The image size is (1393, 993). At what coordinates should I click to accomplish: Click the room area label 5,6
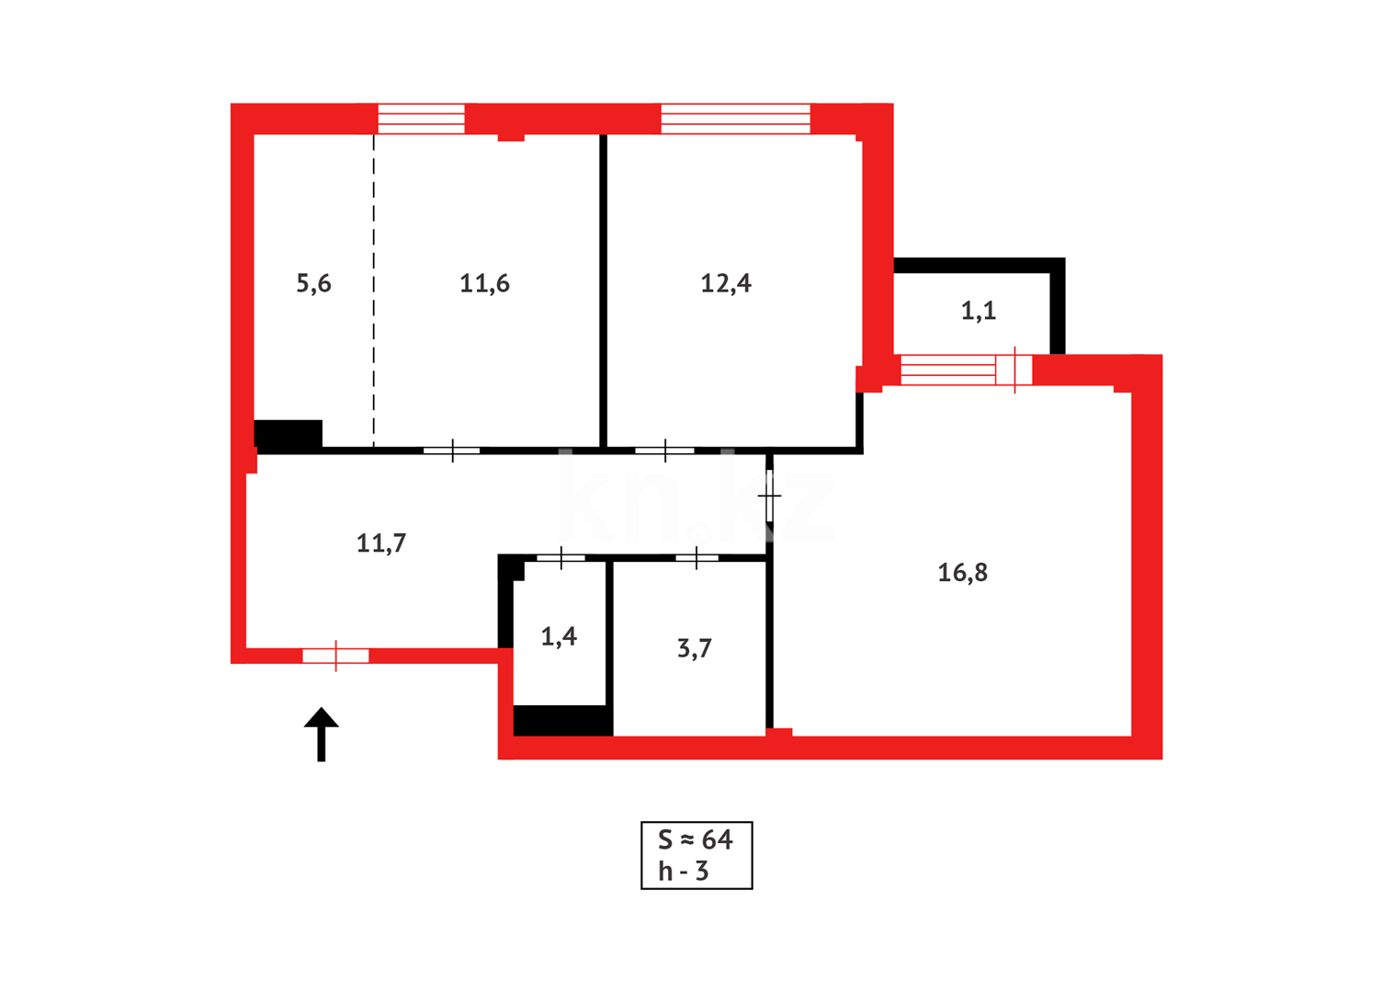click(x=313, y=283)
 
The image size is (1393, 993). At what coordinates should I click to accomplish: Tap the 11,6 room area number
click(x=484, y=283)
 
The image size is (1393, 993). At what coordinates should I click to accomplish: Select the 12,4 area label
click(x=726, y=283)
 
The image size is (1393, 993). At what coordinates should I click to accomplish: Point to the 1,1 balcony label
click(x=979, y=311)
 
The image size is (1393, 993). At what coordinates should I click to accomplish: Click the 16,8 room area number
click(x=962, y=573)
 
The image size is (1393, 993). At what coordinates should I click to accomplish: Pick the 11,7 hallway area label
click(x=381, y=543)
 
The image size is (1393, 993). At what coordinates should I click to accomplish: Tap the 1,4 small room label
click(x=559, y=636)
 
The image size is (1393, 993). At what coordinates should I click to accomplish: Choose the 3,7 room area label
click(x=695, y=648)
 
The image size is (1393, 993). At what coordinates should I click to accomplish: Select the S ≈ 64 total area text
click(x=696, y=839)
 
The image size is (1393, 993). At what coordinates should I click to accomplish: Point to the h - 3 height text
click(x=684, y=871)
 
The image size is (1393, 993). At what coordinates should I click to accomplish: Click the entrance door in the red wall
click(x=336, y=656)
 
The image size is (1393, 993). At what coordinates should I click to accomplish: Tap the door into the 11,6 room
click(x=452, y=451)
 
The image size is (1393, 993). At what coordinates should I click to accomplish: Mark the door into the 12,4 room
click(x=664, y=451)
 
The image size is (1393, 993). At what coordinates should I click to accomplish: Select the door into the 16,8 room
click(x=770, y=496)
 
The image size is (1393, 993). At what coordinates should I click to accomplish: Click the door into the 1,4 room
click(x=561, y=557)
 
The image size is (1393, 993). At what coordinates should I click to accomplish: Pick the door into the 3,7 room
click(x=696, y=557)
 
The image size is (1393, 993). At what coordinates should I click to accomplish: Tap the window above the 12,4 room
click(x=735, y=119)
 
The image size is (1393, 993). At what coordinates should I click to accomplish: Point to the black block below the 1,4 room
click(x=562, y=721)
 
